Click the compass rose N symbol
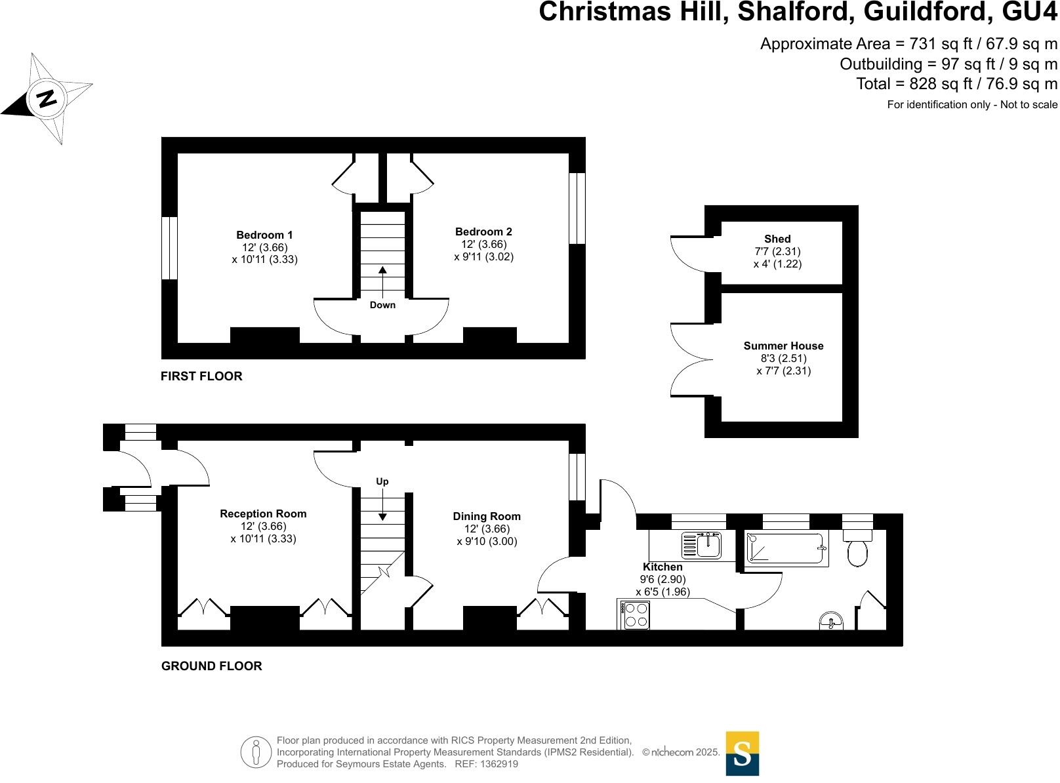(x=47, y=98)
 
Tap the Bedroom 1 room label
(x=264, y=235)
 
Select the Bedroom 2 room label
(x=483, y=231)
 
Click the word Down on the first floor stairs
(x=382, y=305)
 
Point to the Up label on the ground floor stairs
(x=382, y=481)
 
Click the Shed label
(x=777, y=239)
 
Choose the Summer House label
(x=783, y=346)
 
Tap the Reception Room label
(x=263, y=513)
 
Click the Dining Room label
(x=487, y=516)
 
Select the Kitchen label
(x=662, y=567)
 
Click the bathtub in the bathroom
(x=786, y=549)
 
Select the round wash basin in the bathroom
(x=832, y=620)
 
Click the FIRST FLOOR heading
(x=201, y=376)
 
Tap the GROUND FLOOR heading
(x=211, y=666)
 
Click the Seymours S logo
(x=742, y=753)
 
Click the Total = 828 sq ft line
(x=956, y=84)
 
